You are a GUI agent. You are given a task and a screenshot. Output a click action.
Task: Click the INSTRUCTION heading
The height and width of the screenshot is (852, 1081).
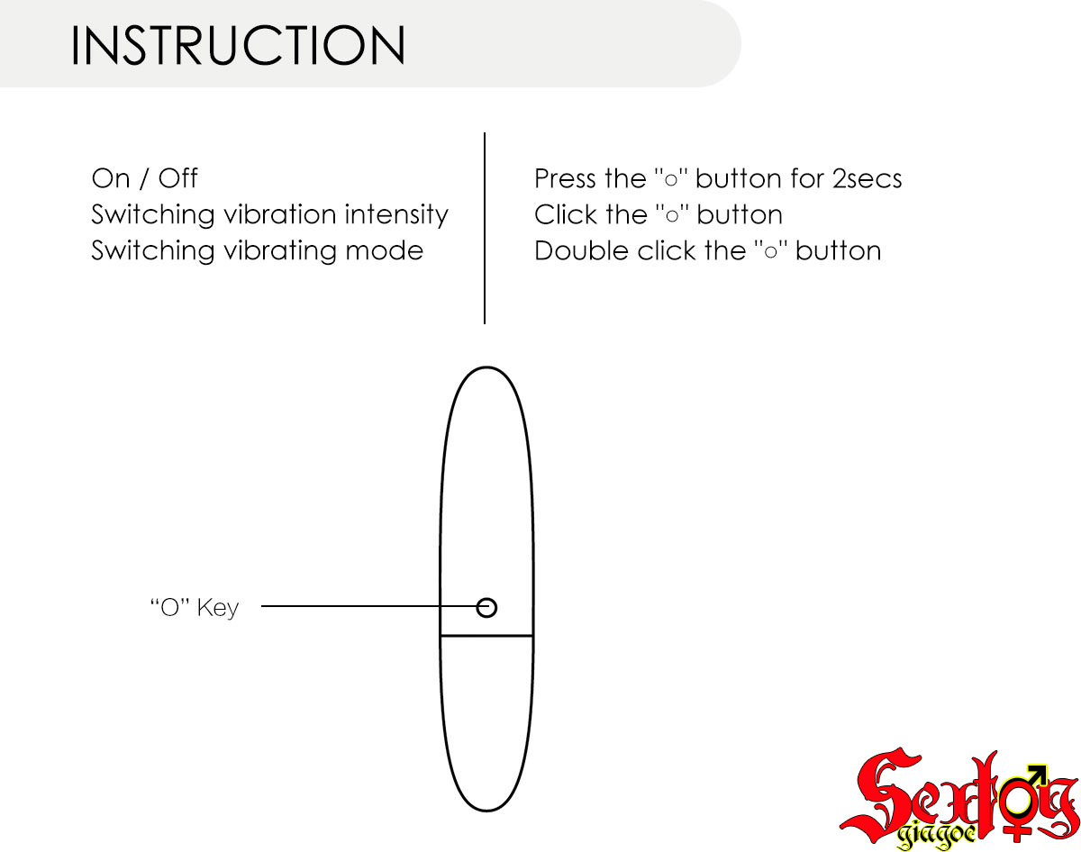point(238,46)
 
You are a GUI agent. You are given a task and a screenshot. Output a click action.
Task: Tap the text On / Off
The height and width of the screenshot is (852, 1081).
point(144,178)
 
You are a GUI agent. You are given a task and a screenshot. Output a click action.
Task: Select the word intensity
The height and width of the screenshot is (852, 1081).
point(397,215)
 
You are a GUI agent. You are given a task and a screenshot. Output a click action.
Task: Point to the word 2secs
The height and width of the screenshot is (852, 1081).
point(867,178)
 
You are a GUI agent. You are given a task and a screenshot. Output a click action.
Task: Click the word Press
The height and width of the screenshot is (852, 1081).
point(567,178)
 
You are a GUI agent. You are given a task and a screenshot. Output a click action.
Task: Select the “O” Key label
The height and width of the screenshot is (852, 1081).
point(195,608)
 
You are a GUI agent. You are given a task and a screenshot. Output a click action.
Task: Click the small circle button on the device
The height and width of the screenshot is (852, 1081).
point(486,608)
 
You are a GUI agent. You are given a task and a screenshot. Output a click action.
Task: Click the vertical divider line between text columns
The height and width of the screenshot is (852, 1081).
point(485,230)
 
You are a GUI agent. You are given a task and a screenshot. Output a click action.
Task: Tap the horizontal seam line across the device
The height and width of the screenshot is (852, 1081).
point(486,636)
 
